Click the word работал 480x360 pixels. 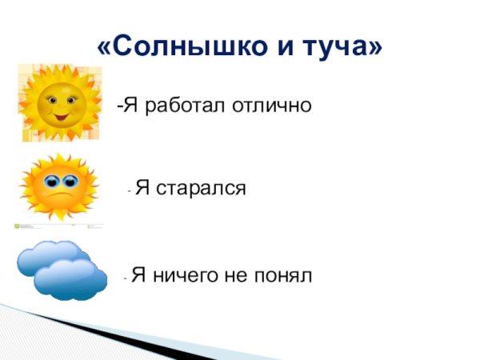(178, 106)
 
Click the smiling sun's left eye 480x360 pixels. (50, 100)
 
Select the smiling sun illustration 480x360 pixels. (58, 102)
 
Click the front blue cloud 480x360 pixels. (70, 278)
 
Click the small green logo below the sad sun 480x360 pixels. (19, 226)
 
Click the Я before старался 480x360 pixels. (142, 189)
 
